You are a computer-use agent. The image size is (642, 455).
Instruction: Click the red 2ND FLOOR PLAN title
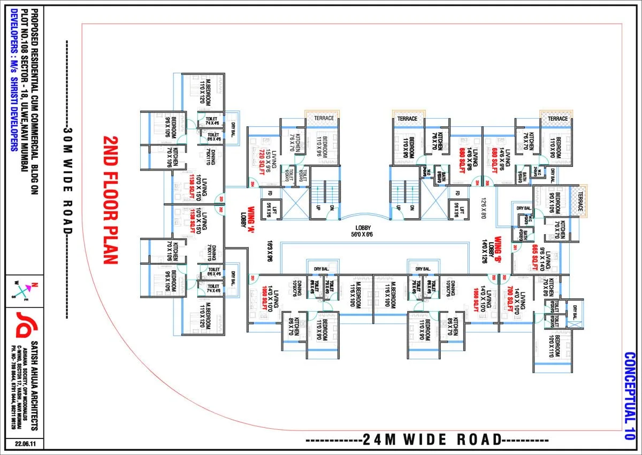tap(110, 199)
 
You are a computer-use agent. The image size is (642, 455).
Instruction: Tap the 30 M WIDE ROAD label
tap(67, 180)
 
